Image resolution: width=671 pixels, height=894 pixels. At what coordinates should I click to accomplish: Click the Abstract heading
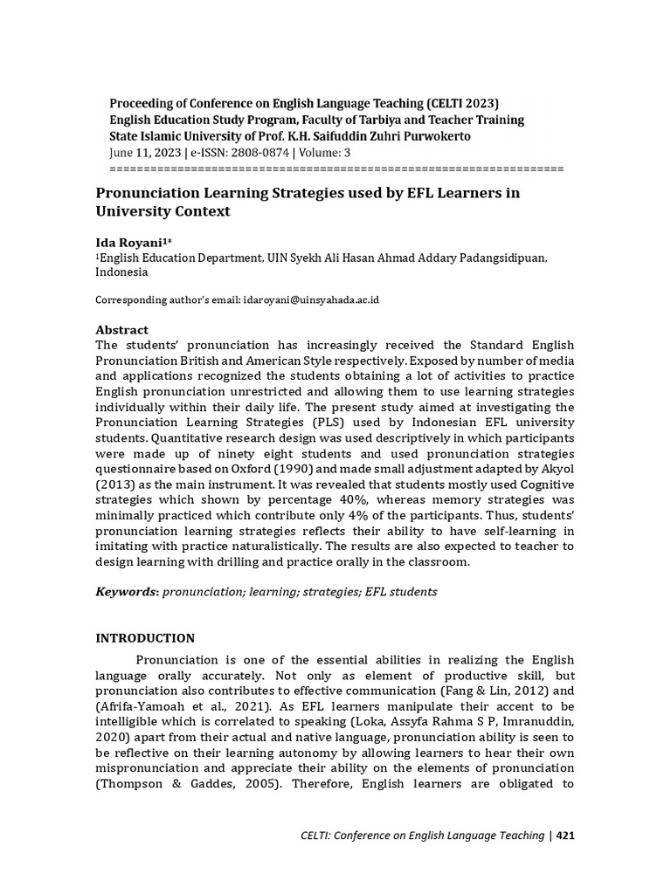(121, 329)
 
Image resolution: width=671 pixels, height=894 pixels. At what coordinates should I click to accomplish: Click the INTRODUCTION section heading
(145, 638)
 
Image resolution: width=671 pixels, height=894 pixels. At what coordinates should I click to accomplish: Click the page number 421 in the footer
(564, 836)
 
